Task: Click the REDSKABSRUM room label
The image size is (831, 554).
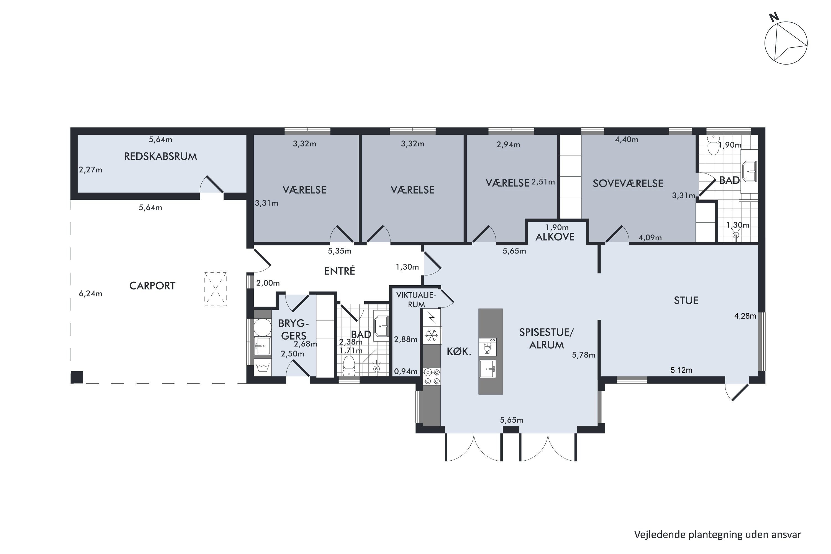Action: coord(160,157)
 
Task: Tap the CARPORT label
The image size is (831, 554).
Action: coord(152,286)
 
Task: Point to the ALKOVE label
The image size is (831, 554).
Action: coord(555,237)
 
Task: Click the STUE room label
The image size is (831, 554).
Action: coord(686,301)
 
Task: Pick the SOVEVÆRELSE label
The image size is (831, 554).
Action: coord(628,184)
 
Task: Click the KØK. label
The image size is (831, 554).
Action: coord(459,352)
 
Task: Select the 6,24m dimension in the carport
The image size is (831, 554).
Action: coord(91,294)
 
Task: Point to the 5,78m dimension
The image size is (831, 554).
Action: coord(584,355)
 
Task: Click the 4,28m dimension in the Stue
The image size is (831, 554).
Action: coord(745,316)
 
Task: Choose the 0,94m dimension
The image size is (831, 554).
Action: coord(406,371)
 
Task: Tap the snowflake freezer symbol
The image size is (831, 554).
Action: coord(431,335)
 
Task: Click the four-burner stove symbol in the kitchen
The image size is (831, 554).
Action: coord(432,377)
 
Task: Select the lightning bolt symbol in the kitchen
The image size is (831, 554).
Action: coord(432,318)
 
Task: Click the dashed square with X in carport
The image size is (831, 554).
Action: coord(215,289)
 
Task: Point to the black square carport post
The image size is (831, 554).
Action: coord(77,377)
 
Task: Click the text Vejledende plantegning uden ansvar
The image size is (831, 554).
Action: coord(718,535)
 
